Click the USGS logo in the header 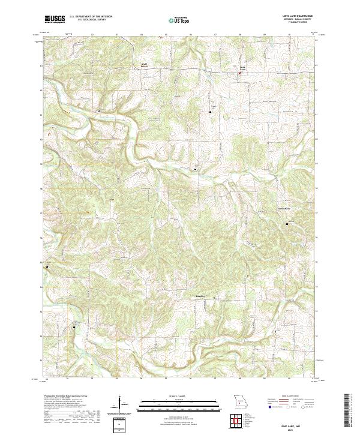click(x=55, y=19)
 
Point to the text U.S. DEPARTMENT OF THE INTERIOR click(x=91, y=17)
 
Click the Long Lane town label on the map click(x=243, y=68)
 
